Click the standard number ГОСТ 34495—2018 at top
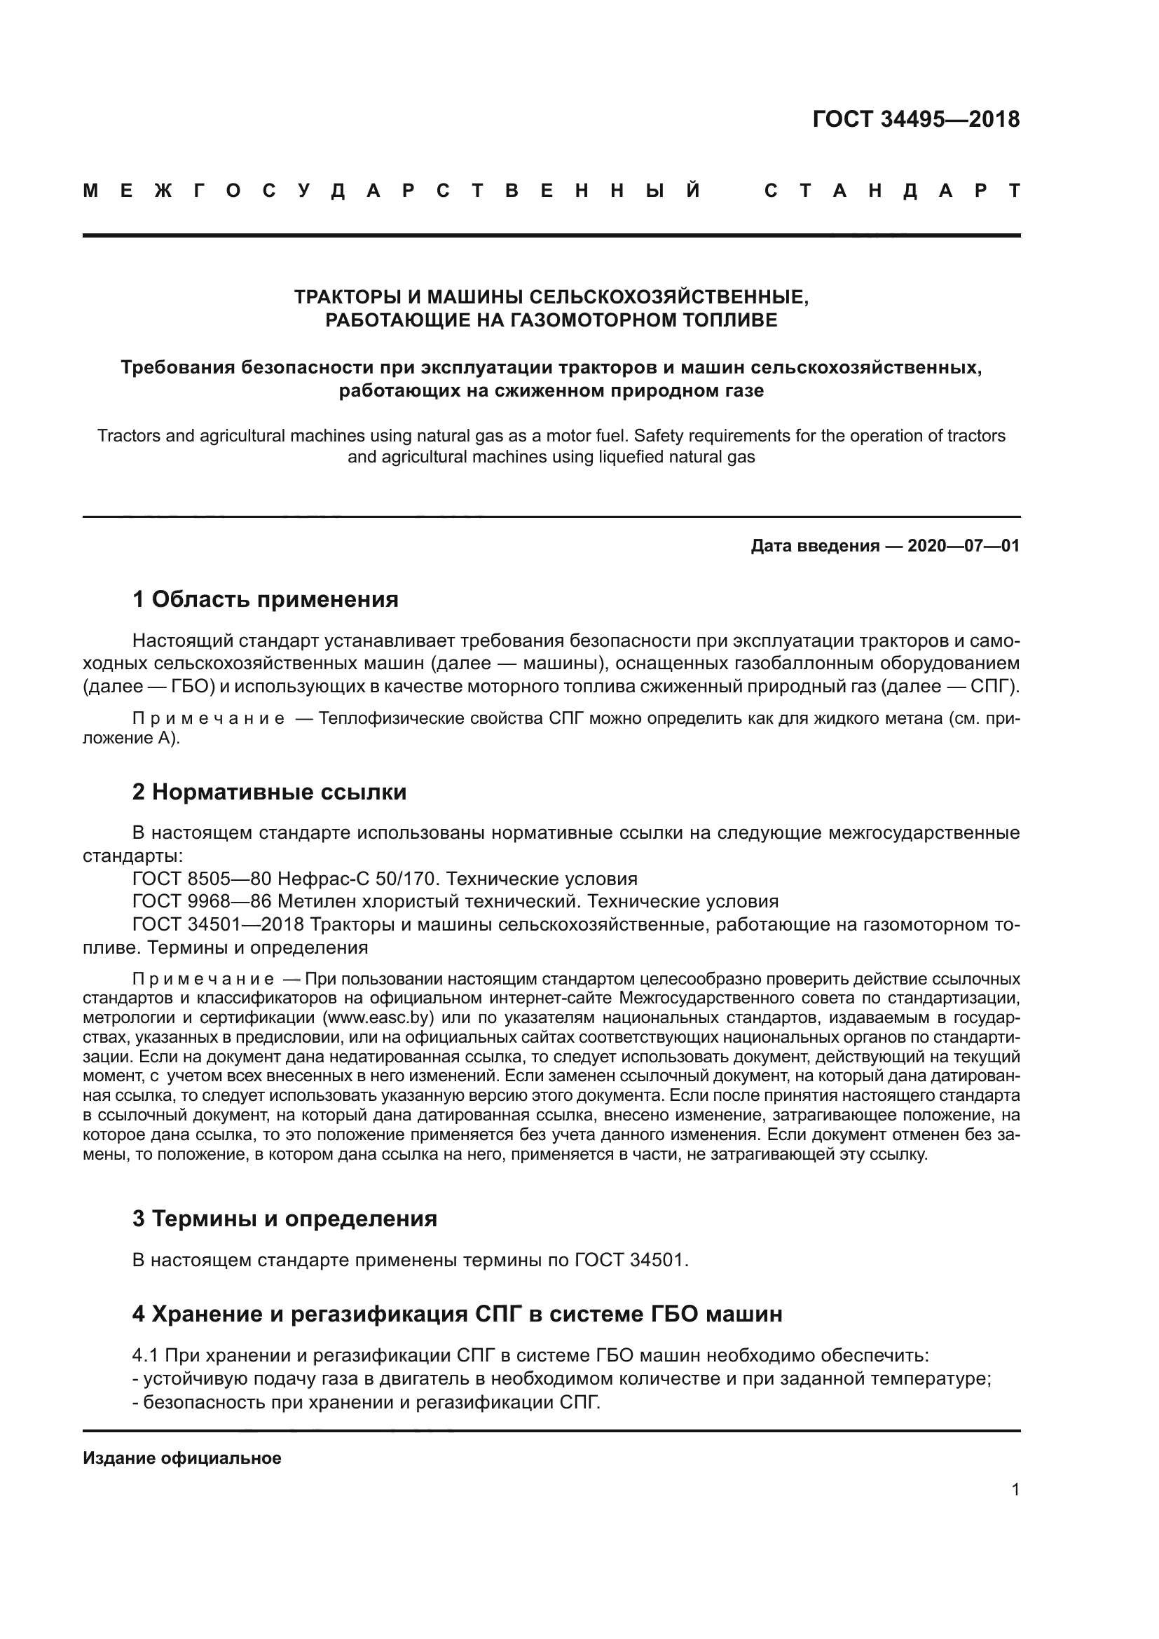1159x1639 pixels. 916,119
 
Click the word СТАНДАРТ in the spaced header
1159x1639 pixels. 891,191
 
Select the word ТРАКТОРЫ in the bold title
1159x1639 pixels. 348,297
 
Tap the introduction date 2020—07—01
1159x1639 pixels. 963,546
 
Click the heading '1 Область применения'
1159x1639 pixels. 265,599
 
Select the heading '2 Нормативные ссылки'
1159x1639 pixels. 269,792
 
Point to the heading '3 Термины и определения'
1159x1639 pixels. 284,1218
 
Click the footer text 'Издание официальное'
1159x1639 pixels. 182,1458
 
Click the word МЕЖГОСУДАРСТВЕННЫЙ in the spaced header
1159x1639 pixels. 392,191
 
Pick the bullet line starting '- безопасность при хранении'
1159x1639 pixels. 366,1403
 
